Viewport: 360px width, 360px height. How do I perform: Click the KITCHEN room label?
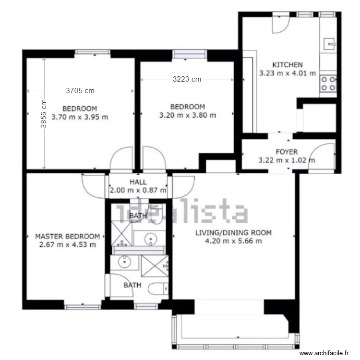[288, 65]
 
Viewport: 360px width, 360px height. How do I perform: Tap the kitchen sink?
[330, 44]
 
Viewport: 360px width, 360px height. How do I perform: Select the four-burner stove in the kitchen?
[328, 84]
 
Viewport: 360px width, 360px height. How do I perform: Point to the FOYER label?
[287, 152]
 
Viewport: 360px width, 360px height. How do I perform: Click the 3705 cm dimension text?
[80, 90]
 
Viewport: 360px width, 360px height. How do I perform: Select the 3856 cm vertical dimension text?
[44, 114]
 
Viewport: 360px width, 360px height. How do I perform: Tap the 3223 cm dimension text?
[187, 80]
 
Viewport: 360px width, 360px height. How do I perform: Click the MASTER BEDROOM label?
[68, 236]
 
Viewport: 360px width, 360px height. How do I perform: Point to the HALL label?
[138, 182]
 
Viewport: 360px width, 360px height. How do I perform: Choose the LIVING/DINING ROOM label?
[233, 233]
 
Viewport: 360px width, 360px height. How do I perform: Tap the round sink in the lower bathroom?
[125, 262]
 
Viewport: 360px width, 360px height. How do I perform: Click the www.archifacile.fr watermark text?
[324, 353]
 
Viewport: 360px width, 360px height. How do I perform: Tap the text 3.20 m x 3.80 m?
[187, 115]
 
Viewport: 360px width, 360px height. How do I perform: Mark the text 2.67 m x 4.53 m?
[68, 244]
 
